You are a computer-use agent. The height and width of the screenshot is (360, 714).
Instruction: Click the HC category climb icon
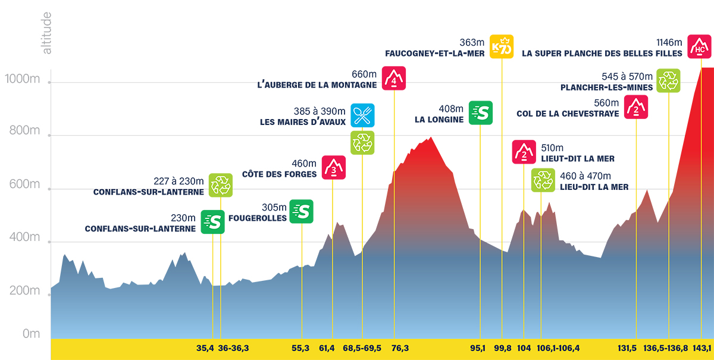tap(699, 47)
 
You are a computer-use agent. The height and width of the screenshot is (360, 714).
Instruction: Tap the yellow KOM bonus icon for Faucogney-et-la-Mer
tap(502, 47)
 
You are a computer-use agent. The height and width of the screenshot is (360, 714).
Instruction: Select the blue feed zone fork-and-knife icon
tap(362, 115)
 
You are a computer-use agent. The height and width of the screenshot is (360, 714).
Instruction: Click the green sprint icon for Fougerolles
tap(301, 211)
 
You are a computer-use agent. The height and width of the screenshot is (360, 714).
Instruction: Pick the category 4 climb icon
tap(393, 78)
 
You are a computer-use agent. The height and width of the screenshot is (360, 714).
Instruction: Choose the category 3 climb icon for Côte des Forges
tap(334, 168)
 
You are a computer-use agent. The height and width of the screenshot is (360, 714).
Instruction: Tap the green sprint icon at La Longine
tap(481, 112)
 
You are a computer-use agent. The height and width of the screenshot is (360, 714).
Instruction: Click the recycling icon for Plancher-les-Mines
tap(668, 81)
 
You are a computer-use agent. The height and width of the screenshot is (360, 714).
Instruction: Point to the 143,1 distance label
tap(702, 348)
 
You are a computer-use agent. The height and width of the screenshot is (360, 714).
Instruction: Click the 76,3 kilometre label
tap(400, 348)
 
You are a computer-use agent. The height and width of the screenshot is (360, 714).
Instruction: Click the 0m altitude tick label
tap(31, 334)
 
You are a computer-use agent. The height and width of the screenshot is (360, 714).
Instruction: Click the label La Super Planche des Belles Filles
tap(602, 53)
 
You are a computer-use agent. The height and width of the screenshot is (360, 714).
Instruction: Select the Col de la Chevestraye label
tap(568, 113)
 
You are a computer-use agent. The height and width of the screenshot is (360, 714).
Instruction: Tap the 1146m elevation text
tap(668, 42)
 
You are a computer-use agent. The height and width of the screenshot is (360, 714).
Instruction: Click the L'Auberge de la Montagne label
tap(317, 84)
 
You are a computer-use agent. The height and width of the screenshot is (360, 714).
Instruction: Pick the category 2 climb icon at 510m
tap(524, 152)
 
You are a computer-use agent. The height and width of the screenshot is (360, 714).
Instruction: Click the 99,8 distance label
tap(502, 348)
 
